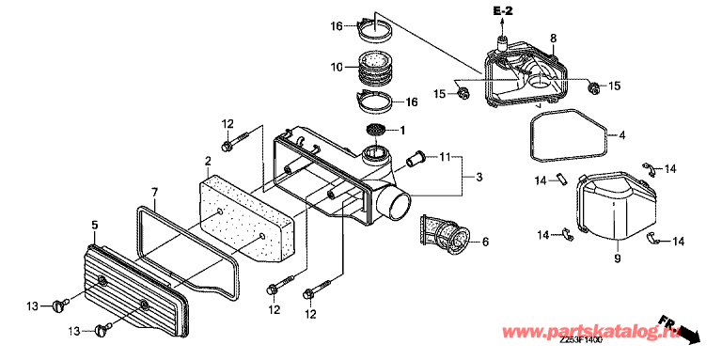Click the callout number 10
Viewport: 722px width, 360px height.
point(337,68)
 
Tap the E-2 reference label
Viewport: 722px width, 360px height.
point(503,11)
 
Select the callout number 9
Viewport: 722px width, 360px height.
point(617,258)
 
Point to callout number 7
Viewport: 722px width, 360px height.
point(155,192)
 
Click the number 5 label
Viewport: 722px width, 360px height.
point(94,225)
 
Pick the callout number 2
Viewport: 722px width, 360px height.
point(208,160)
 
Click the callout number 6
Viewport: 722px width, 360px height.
point(485,242)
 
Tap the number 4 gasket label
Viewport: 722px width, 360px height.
point(621,135)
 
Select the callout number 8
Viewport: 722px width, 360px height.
point(553,39)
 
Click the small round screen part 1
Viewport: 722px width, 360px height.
point(375,130)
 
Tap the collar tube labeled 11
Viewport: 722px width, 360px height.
point(416,161)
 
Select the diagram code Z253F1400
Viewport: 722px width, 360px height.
point(581,340)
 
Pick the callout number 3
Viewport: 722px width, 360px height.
point(479,177)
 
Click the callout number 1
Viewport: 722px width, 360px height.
point(402,131)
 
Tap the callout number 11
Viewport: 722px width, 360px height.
point(445,158)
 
